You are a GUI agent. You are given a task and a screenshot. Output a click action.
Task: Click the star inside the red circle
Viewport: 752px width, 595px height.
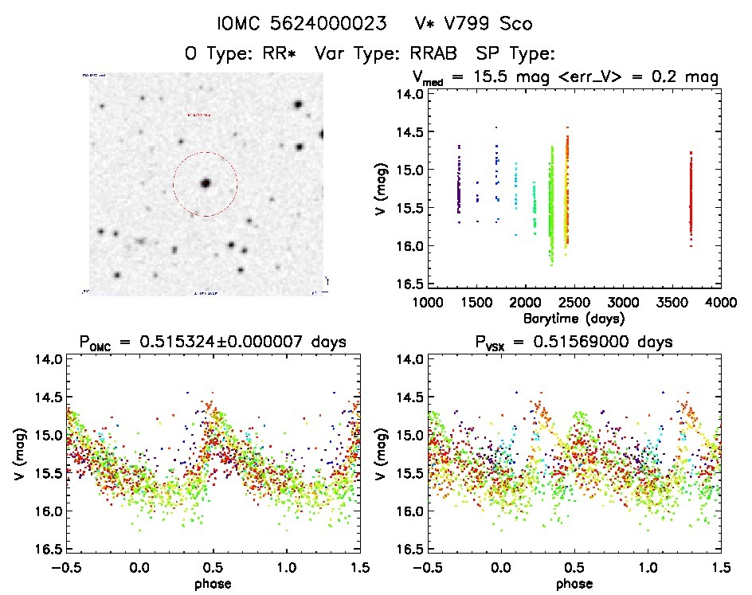(x=206, y=183)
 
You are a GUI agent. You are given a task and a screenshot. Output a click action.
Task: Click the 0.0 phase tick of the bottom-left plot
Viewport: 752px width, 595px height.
(x=140, y=568)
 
